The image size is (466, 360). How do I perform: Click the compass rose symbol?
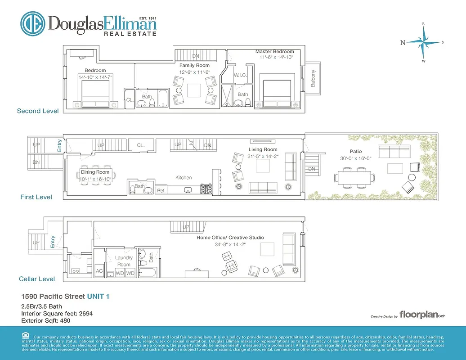point(423,42)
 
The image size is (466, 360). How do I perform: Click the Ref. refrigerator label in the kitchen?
point(161,191)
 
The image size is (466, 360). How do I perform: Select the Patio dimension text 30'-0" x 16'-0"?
point(356,158)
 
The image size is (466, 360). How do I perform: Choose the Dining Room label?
point(95,172)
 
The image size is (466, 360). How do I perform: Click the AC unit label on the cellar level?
point(100,272)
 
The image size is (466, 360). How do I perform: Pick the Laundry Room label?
point(124,261)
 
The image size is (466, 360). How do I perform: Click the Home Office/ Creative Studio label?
point(230,237)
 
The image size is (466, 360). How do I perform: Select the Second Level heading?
point(38,111)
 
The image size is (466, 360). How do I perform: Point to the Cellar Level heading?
point(37,279)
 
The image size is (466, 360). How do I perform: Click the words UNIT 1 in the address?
point(98,297)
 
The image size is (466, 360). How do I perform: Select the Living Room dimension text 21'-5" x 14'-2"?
point(263,157)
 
